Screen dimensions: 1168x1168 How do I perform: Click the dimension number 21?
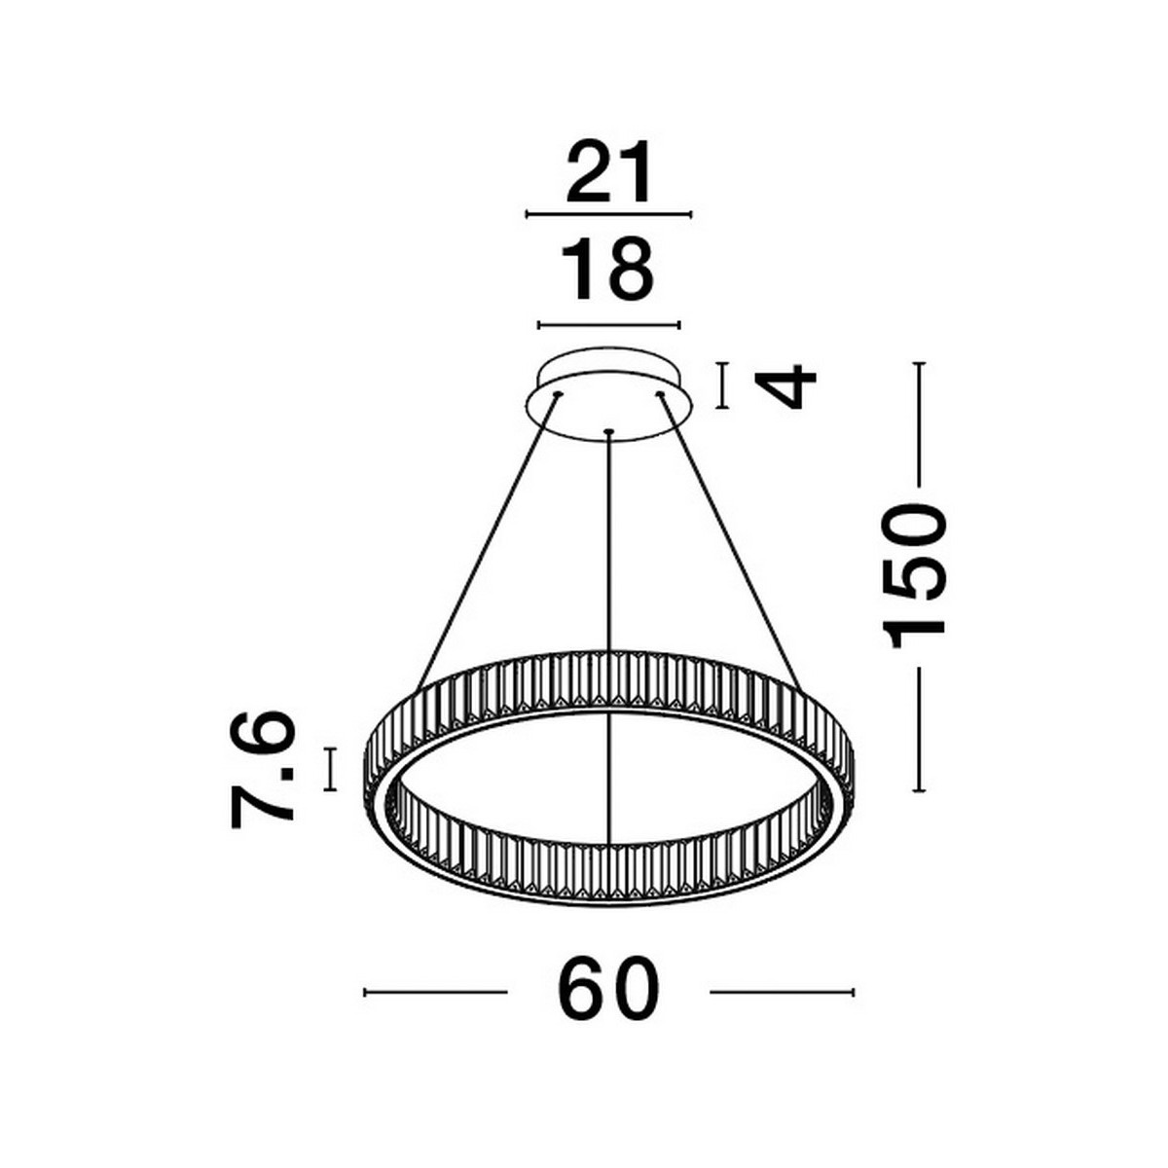[608, 171]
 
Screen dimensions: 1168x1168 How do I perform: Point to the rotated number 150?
[915, 575]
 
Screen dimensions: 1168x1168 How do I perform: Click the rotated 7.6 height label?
[262, 769]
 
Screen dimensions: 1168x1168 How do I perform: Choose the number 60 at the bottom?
[609, 992]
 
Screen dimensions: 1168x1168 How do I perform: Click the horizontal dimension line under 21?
[608, 214]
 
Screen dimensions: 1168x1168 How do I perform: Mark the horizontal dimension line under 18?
[609, 326]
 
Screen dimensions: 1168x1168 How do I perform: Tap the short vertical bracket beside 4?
[721, 386]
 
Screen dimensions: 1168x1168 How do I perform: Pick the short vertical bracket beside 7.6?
[332, 769]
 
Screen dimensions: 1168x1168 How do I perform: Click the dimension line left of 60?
[435, 993]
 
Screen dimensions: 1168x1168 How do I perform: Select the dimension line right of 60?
[782, 993]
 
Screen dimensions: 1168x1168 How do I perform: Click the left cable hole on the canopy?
[559, 394]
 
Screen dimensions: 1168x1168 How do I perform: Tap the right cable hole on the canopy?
[659, 394]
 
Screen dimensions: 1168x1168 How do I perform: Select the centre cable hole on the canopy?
[608, 431]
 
